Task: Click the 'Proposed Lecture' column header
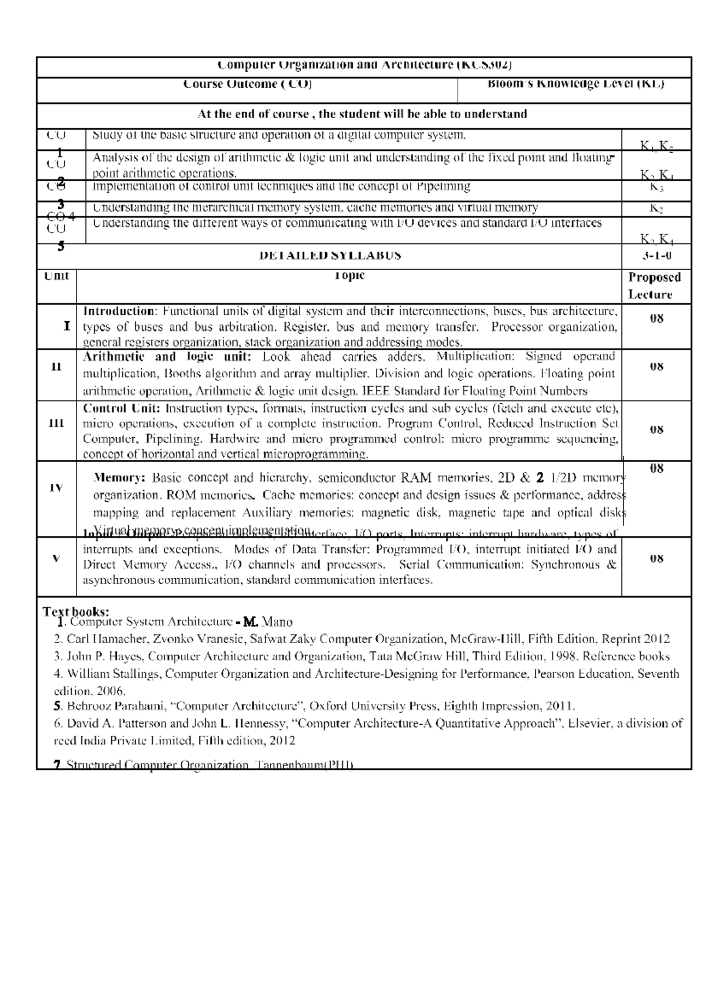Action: pos(654,286)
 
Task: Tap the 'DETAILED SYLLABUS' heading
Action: pos(330,256)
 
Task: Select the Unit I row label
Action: pos(67,326)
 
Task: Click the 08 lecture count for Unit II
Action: pos(657,367)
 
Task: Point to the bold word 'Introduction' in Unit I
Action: pos(118,311)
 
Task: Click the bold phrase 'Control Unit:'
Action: pos(122,408)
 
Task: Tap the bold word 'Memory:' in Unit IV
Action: pos(120,478)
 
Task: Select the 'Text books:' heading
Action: pos(76,612)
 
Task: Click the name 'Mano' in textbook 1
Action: pos(277,622)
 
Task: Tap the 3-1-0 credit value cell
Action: pos(657,256)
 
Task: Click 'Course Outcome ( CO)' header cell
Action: pos(247,84)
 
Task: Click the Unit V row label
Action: pos(56,558)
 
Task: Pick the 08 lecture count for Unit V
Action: pos(657,559)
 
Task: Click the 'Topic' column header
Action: pos(349,276)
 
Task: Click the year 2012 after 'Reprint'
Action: pos(657,639)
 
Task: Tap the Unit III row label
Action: pos(56,423)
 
